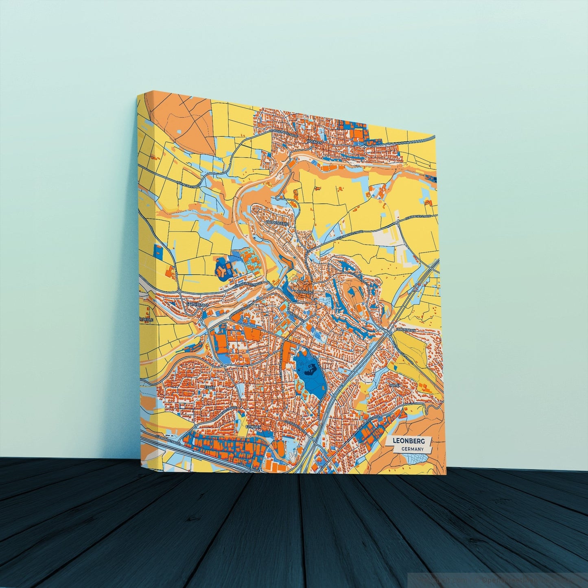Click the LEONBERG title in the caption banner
pyautogui.click(x=409, y=441)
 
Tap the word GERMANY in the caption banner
pyautogui.click(x=412, y=449)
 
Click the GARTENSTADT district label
pyautogui.click(x=197, y=304)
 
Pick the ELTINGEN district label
pyautogui.click(x=254, y=427)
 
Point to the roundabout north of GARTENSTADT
pyautogui.click(x=179, y=292)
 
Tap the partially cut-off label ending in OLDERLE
pyautogui.click(x=146, y=320)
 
